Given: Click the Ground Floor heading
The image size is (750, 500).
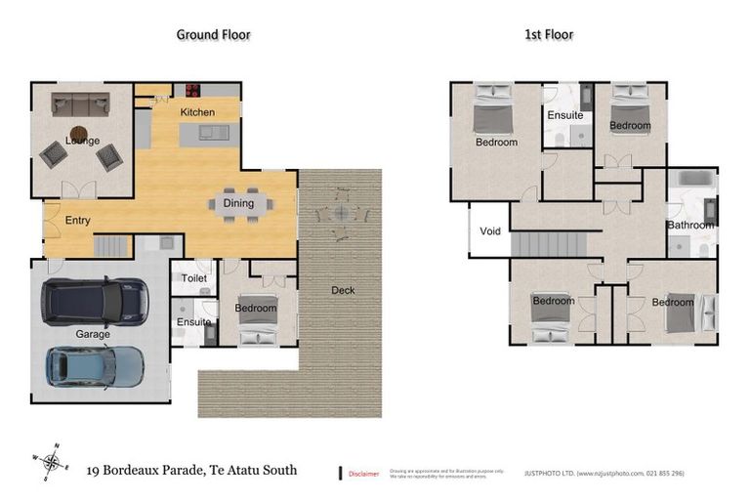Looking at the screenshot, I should [213, 34].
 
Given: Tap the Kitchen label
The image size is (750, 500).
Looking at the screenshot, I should [197, 112].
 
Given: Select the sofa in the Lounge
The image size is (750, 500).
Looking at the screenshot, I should [79, 103].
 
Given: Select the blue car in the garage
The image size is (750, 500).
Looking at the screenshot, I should [95, 366].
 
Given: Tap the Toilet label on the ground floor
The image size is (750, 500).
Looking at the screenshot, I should [193, 278].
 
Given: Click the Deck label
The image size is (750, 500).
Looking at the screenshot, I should [343, 290].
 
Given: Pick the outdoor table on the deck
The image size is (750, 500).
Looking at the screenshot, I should [340, 212].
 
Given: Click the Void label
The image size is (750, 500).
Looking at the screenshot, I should [489, 231].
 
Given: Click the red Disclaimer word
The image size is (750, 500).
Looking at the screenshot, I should [364, 474].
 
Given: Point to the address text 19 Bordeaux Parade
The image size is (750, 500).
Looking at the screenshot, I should [191, 470].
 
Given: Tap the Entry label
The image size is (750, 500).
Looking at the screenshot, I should [78, 221].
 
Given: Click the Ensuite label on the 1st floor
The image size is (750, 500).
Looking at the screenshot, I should [564, 115].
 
